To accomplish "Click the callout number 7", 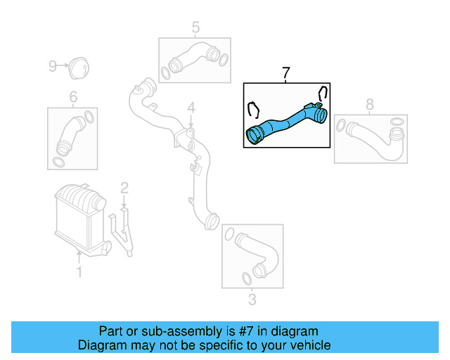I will [285, 73].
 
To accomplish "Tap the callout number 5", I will [195, 27].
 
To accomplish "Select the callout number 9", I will [52, 66].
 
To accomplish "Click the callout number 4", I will [190, 108].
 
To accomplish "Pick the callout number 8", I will [370, 105].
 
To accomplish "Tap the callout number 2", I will [124, 188].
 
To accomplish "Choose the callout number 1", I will [79, 271].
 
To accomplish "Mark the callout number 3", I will [252, 301].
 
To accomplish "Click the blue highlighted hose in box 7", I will [285, 122].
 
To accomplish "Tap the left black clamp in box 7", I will [254, 110].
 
